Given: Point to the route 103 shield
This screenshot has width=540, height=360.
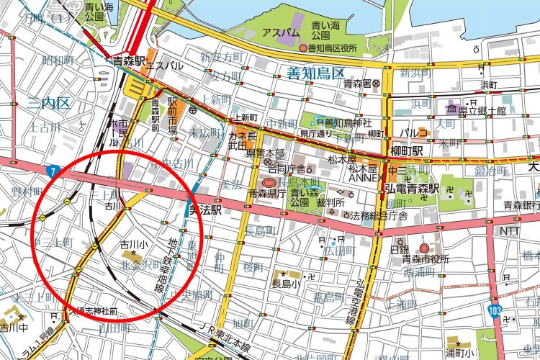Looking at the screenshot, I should point(494,310).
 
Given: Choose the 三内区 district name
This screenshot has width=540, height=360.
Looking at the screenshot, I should point(49,104).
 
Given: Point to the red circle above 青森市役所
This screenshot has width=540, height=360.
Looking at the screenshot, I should point(425,248).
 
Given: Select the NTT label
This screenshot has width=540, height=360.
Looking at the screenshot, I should point(508,231).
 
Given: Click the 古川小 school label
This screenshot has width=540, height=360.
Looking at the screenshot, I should point(133,245).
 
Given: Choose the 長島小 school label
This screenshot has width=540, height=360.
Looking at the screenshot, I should point(285,283).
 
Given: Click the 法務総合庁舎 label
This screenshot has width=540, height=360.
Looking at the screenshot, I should point(379,215).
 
